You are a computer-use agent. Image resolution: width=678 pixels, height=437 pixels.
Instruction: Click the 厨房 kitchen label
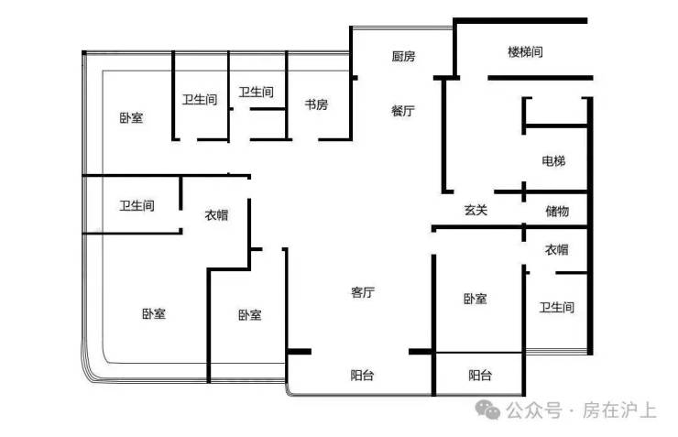click(x=403, y=56)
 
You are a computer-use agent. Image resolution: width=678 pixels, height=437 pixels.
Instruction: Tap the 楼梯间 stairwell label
click(x=525, y=52)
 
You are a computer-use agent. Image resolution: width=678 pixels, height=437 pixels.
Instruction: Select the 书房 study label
click(x=316, y=104)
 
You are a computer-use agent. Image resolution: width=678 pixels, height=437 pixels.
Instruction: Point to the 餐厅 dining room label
click(x=403, y=111)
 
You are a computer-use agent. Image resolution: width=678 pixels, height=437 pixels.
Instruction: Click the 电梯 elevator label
click(x=553, y=161)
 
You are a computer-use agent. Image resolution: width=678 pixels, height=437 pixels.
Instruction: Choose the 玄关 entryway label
click(x=476, y=211)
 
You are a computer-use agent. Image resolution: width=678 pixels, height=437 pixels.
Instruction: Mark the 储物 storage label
click(x=557, y=211)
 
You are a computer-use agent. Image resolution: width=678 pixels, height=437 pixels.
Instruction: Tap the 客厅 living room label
click(x=362, y=292)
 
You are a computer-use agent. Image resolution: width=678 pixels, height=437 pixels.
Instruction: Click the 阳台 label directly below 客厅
click(x=362, y=376)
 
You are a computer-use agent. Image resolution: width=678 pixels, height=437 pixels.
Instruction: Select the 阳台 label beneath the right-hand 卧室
click(x=480, y=376)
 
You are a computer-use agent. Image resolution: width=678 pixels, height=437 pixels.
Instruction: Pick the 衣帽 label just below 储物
click(x=556, y=249)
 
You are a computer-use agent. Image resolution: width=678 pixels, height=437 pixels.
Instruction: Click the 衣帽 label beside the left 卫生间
click(x=216, y=214)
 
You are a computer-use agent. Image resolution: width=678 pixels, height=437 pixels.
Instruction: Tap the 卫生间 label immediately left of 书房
click(x=256, y=92)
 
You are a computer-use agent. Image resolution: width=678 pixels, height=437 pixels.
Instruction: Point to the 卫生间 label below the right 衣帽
click(x=556, y=307)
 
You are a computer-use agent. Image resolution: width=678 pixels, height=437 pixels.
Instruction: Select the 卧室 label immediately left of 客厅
click(x=250, y=314)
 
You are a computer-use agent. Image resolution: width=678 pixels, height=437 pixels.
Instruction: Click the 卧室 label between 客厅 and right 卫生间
click(x=476, y=299)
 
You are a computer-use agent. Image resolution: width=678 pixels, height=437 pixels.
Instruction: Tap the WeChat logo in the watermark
click(x=487, y=410)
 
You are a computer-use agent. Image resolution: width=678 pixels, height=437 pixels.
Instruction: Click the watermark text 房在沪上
click(x=619, y=410)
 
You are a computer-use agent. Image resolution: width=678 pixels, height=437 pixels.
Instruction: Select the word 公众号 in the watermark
click(x=534, y=410)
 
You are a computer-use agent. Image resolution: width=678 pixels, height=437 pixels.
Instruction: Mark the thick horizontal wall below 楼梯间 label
click(x=541, y=78)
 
